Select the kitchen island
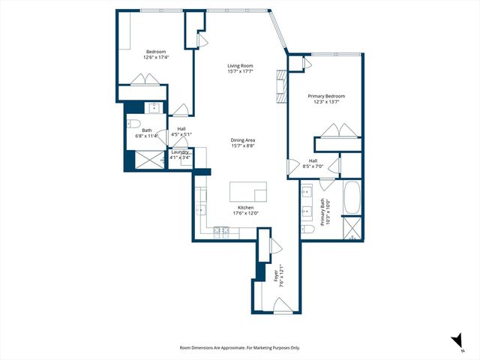[x=248, y=191]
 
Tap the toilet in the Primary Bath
[x=307, y=228]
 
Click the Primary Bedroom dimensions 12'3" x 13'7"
[x=326, y=103]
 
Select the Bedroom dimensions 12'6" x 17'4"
[x=156, y=58]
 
